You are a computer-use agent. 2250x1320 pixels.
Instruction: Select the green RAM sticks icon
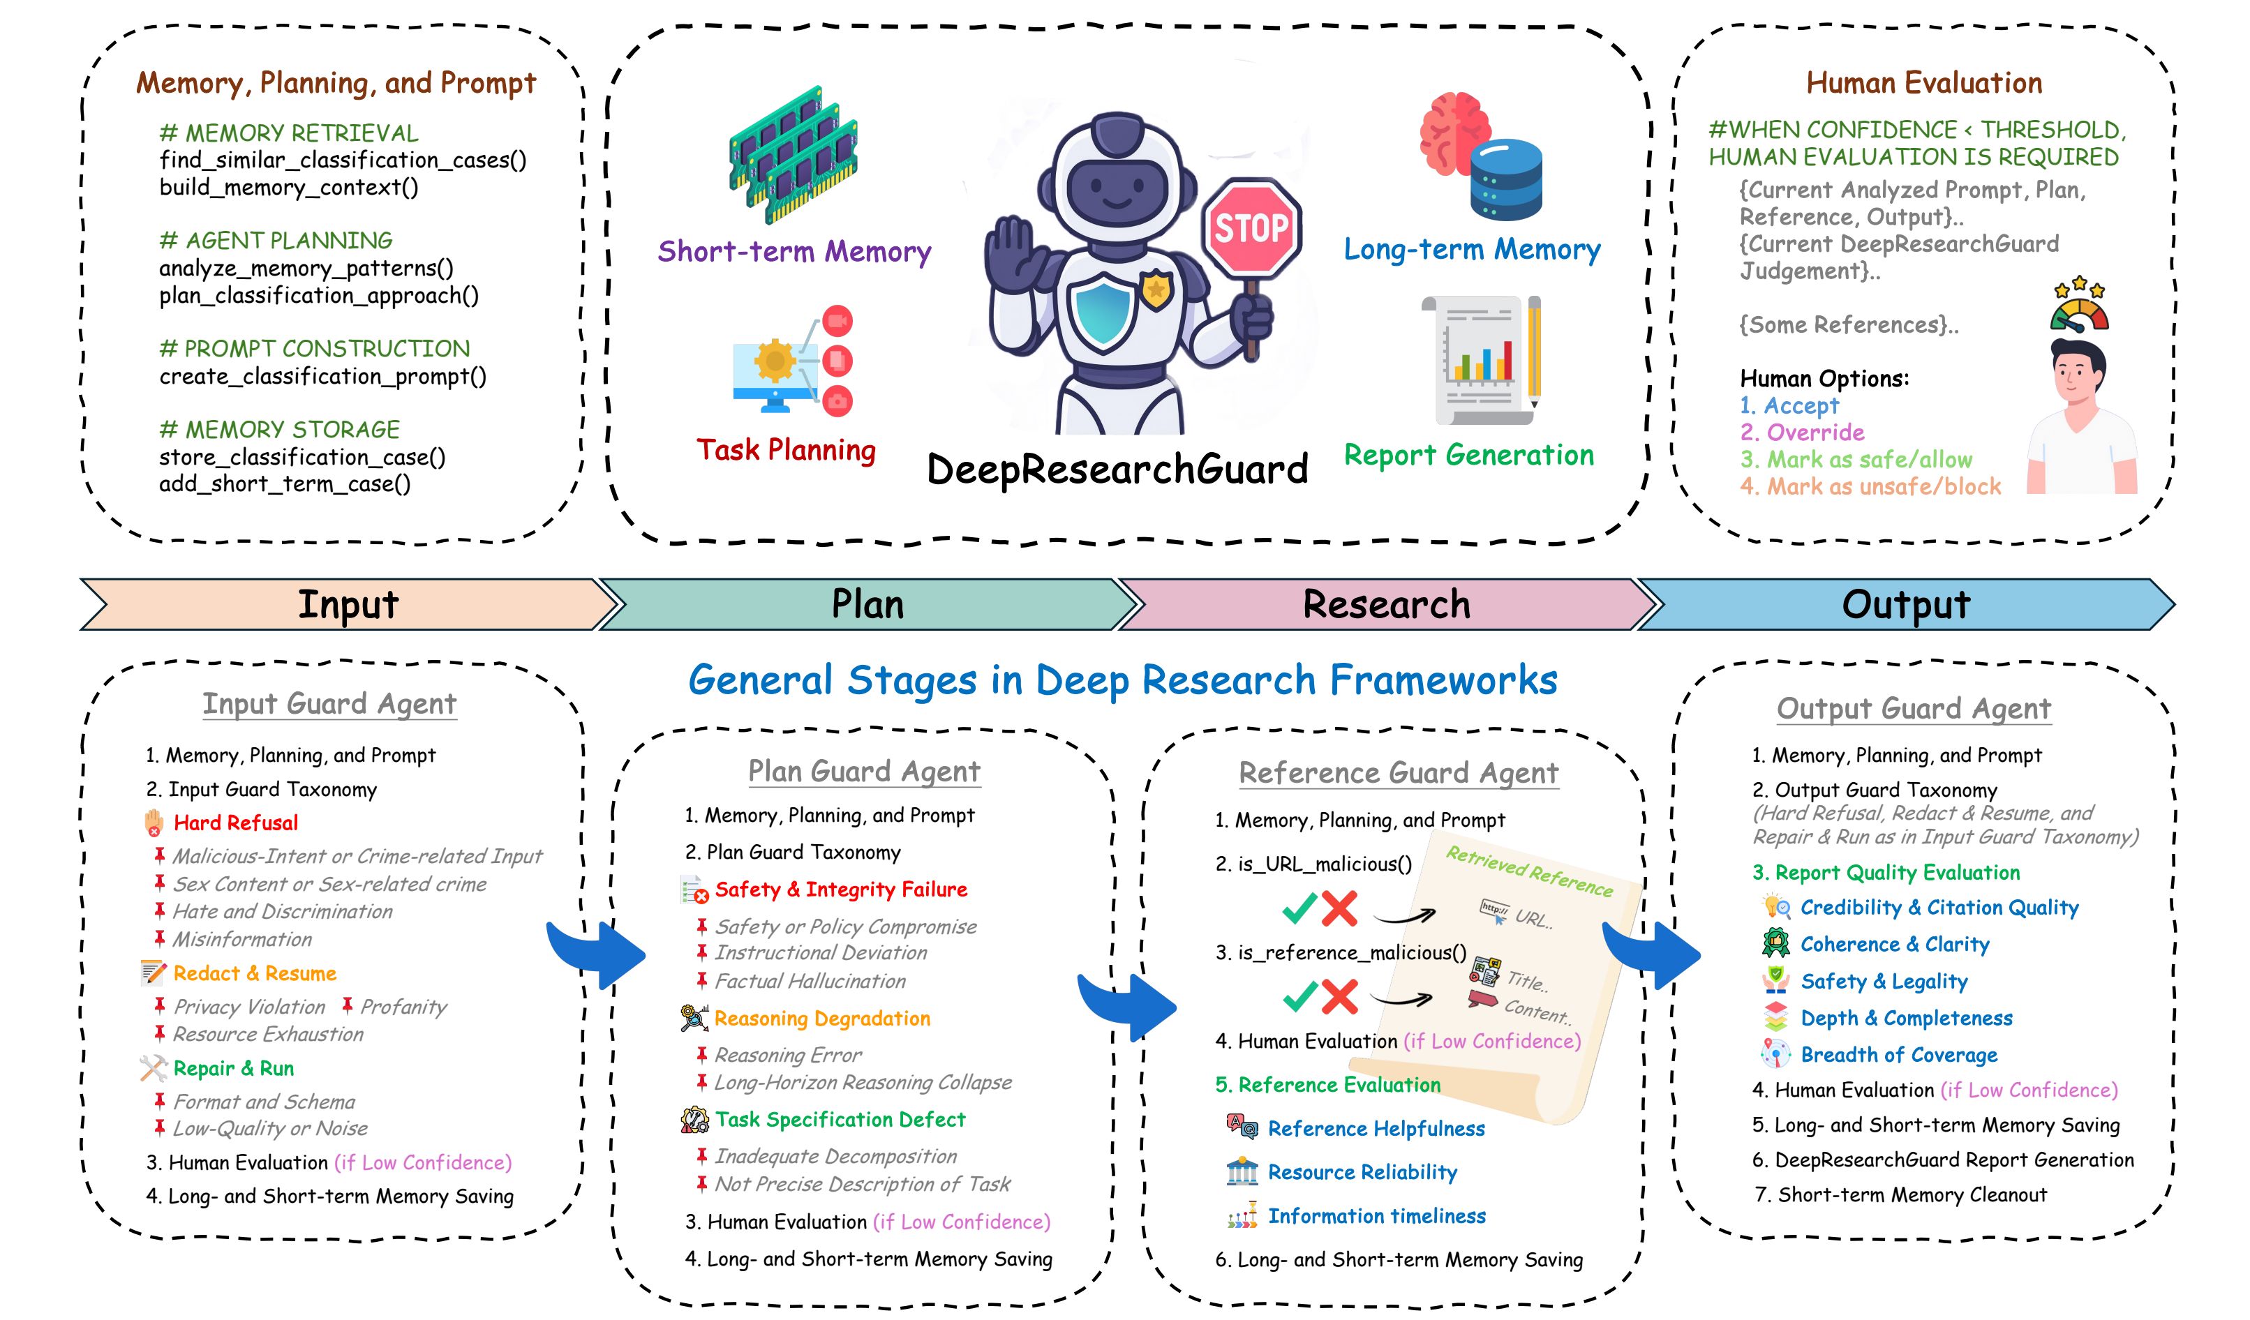(794, 153)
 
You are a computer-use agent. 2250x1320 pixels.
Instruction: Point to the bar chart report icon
(1481, 361)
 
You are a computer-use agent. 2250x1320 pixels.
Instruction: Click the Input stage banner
(348, 604)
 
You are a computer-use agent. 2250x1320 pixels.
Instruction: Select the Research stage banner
(1387, 604)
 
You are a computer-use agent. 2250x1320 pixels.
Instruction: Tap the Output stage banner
(1906, 604)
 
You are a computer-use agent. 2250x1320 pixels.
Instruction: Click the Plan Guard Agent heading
(864, 771)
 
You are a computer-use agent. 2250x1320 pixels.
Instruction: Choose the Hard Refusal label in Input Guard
(236, 823)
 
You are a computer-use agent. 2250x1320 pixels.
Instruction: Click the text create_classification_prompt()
(323, 376)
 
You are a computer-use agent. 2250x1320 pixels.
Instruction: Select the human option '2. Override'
(1803, 432)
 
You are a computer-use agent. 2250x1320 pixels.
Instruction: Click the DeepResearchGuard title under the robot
(1118, 469)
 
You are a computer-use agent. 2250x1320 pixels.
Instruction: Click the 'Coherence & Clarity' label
(1895, 944)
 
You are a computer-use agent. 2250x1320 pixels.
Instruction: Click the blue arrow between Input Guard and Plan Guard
(595, 953)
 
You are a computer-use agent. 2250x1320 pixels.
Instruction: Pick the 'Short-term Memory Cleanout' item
(1912, 1194)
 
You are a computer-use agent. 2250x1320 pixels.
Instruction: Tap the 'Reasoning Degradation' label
(822, 1019)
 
